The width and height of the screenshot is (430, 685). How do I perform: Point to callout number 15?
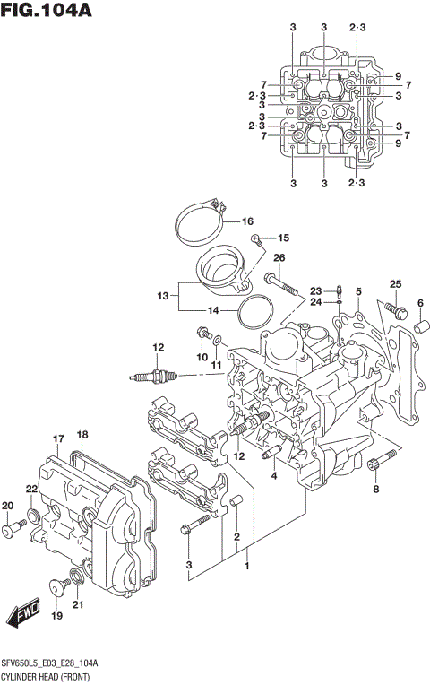click(x=283, y=238)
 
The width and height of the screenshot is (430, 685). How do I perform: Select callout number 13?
click(x=161, y=295)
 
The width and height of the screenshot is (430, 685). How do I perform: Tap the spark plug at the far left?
click(x=149, y=377)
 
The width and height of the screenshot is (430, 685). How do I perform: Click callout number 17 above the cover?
click(x=58, y=438)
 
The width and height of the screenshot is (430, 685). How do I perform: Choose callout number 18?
click(x=82, y=435)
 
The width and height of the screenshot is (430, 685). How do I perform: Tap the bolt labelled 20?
click(x=10, y=531)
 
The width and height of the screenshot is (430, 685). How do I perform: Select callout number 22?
click(x=31, y=489)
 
